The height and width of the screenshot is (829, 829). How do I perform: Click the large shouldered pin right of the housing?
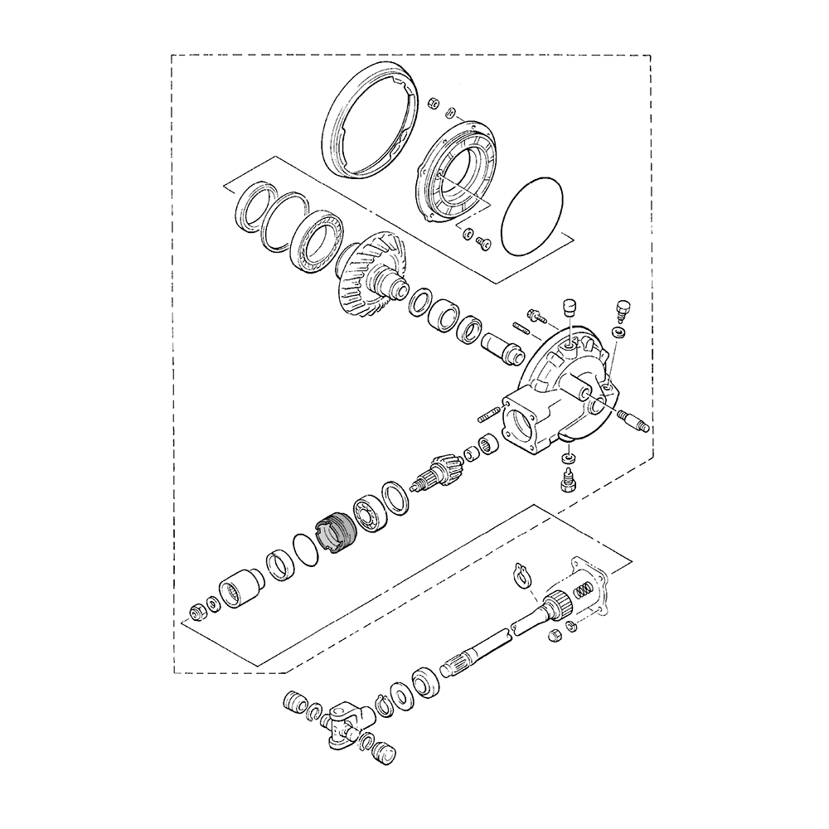(635, 424)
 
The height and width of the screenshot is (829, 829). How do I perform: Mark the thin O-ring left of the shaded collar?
(305, 550)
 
